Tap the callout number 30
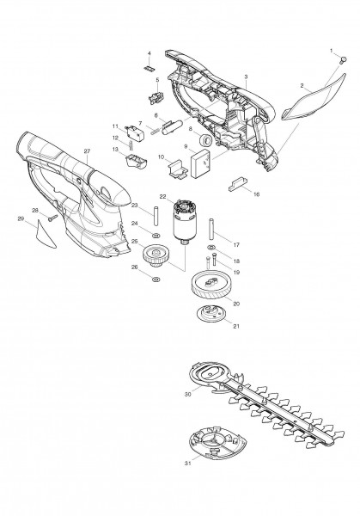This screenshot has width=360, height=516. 186,394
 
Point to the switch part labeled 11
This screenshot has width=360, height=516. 132,131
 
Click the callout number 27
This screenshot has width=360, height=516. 87,152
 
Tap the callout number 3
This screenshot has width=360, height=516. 247,77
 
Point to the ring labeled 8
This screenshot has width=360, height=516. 206,139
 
